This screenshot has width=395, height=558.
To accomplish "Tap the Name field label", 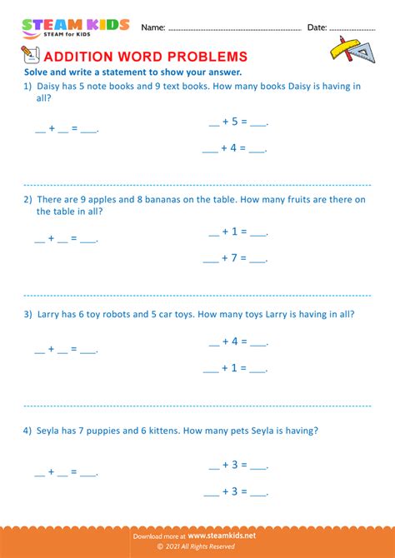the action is click(x=152, y=27).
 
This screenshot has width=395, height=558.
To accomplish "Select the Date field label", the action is click(x=317, y=27).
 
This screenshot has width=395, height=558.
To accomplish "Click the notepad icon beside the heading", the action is click(x=31, y=55).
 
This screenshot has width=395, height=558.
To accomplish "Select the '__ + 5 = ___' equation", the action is click(x=237, y=122).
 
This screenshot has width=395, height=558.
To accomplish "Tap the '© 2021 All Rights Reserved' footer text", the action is click(x=197, y=548).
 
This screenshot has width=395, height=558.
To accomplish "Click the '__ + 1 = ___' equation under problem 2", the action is click(x=237, y=232).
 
